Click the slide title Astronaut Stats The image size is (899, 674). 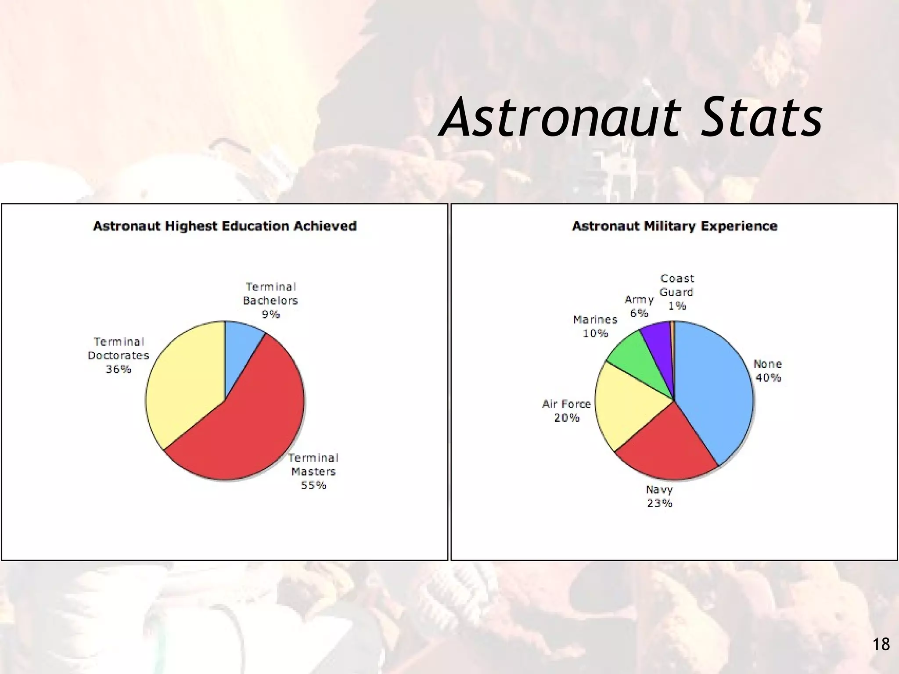coord(631,118)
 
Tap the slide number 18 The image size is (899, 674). coord(881,644)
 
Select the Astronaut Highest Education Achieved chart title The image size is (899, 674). coord(225,226)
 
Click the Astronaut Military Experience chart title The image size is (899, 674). coord(674,226)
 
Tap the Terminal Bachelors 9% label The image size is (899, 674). coord(270,301)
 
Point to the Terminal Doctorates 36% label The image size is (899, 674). coord(119,355)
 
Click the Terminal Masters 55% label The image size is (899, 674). coord(313,472)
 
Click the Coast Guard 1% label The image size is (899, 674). coord(677,292)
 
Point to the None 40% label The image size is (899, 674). coord(768,371)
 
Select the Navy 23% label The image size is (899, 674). coord(659,496)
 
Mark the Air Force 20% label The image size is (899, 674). coord(567,411)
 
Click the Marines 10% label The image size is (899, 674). coord(595,326)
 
